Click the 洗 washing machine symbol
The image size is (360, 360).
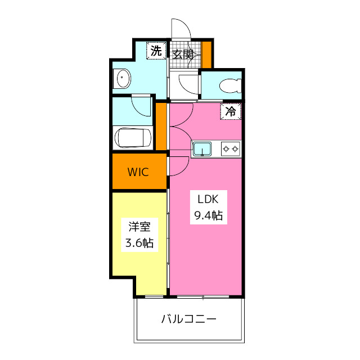155,51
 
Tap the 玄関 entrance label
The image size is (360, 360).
183,55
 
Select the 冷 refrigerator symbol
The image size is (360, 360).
231,111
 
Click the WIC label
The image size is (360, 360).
138,172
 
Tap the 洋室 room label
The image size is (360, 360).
139,227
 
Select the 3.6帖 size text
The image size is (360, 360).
139,243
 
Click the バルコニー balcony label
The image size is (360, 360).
189,319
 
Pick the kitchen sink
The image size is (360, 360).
201,149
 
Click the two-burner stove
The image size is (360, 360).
230,149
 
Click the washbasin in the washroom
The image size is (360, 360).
122,78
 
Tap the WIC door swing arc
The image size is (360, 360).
179,165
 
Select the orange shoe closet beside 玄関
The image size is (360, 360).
207,54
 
